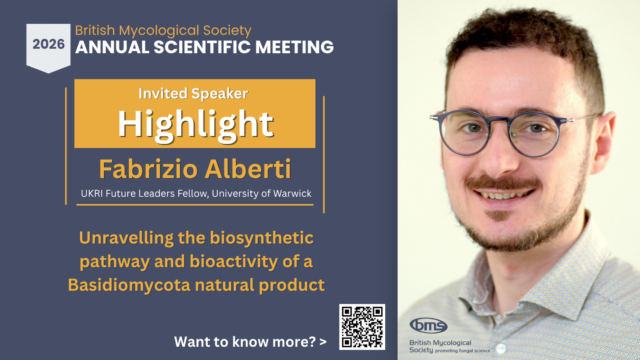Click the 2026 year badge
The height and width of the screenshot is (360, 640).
tap(48, 45)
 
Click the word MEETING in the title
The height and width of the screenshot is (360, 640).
tap(294, 47)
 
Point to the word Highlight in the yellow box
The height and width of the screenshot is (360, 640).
tap(195, 124)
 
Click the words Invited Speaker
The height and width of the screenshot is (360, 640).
tap(193, 93)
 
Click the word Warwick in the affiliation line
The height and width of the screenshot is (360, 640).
tap(292, 194)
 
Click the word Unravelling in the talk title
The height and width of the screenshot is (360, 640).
tap(126, 238)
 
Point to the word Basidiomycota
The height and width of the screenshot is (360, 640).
tap(129, 285)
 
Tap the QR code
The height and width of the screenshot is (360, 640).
tap(362, 327)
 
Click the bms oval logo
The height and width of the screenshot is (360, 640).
tap(428, 326)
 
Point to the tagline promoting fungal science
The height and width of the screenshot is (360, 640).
tap(463, 351)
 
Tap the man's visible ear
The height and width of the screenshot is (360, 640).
tap(605, 136)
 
